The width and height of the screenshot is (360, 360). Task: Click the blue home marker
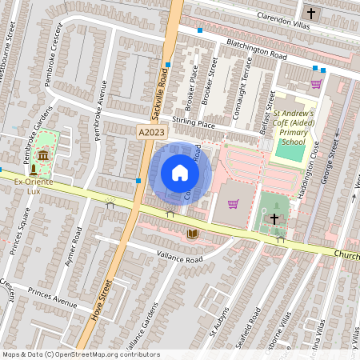[x=180, y=173]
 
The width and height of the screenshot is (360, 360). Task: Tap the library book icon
[x=192, y=234]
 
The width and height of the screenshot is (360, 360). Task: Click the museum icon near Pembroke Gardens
[x=42, y=154]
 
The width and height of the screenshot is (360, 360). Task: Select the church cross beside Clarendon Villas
[x=311, y=14]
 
